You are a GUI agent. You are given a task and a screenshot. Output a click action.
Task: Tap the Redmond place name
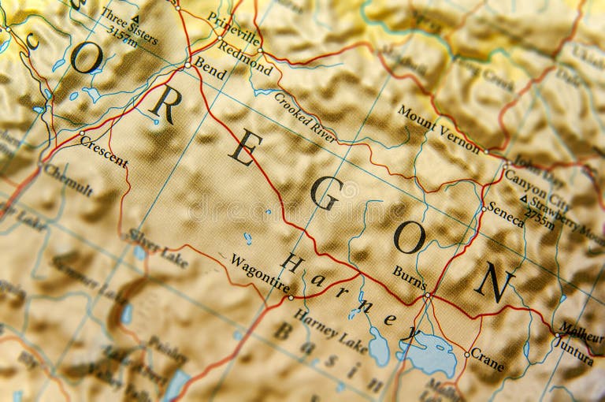tap(245, 58)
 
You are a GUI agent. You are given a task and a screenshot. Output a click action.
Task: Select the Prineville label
tap(233, 28)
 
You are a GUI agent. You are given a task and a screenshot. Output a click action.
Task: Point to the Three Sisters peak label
tap(130, 26)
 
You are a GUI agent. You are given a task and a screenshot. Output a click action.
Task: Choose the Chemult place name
tap(69, 180)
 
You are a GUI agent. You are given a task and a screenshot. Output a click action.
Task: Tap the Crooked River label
tap(305, 117)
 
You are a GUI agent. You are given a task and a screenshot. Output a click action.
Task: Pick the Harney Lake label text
tap(330, 331)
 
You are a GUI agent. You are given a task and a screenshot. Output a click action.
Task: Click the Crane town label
tap(488, 360)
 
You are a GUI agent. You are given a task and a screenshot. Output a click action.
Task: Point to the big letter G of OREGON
tap(325, 193)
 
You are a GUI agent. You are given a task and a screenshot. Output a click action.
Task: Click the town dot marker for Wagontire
tap(291, 298)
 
